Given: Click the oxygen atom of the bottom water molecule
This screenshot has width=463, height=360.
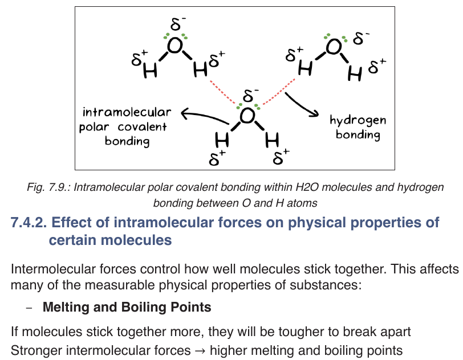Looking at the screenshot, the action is tap(247, 116).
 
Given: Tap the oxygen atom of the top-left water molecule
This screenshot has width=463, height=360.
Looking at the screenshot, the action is tap(175, 46).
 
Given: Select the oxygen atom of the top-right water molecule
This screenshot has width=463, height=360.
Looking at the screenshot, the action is tap(334, 47).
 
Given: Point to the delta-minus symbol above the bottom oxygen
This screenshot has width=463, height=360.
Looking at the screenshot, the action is tap(250, 95).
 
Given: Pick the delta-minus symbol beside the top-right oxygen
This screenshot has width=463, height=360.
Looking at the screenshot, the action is tap(360, 38).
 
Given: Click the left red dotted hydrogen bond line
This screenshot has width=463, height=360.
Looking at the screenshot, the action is tap(223, 92).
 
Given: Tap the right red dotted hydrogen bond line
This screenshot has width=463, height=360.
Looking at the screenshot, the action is tap(278, 92).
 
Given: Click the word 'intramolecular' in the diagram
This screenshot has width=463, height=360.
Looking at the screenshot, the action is tap(127, 112).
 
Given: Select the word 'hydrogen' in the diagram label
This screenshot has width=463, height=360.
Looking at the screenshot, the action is tap(358, 120).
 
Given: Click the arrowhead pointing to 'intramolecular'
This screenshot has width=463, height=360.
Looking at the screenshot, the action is tap(185, 113).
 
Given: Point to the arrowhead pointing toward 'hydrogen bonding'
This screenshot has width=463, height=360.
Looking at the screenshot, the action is tap(314, 113).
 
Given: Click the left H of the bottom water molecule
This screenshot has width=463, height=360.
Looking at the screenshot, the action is tap(222, 140).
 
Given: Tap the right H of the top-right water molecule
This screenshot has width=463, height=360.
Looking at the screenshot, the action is tap(355, 73).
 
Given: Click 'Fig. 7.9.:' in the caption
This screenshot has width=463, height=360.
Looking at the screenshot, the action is tap(48, 187).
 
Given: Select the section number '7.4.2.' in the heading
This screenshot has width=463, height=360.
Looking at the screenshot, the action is tap(29, 223).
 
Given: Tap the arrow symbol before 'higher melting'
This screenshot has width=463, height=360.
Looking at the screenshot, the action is tap(200, 351).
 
